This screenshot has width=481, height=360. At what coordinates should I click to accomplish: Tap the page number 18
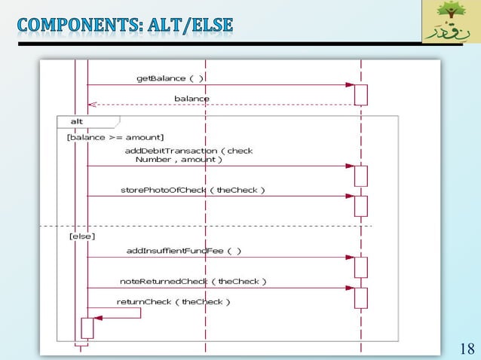467,348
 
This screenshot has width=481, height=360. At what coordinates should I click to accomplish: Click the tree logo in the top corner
450,22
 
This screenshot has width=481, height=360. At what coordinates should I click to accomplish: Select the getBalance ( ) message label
170,78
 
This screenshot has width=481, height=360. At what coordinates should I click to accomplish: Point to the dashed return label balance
192,99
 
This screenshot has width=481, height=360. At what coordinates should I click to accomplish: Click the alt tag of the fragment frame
78,121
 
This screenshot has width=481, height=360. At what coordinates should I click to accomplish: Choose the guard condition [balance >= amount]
115,137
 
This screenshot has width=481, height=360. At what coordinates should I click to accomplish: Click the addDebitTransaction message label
188,155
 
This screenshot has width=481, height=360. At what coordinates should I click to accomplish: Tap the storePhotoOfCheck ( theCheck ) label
193,190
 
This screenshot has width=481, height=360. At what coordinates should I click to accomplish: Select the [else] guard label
81,236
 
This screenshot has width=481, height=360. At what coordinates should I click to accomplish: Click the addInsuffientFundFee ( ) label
184,250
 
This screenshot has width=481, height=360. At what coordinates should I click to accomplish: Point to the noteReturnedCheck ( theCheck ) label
193,281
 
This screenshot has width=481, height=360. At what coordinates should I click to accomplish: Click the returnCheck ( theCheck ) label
173,301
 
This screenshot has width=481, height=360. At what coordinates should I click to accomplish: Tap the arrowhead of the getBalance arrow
350,85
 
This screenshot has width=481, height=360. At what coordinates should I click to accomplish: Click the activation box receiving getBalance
361,95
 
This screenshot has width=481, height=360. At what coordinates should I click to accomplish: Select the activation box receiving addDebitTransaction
361,175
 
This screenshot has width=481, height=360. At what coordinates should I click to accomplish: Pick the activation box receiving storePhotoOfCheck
361,206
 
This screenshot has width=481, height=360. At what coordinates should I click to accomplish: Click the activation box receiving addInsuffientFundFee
361,267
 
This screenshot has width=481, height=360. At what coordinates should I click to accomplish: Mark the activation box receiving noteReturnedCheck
361,297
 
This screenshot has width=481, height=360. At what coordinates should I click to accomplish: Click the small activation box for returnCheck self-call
87,328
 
